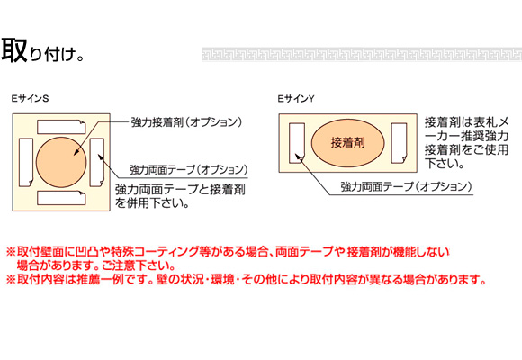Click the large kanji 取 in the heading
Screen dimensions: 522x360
pos(14,50)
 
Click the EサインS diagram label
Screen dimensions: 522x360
pos(30,99)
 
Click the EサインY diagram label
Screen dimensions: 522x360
pos(296,99)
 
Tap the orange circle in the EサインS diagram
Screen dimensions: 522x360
pos(61,162)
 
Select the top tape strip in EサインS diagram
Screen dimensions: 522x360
pos(61,127)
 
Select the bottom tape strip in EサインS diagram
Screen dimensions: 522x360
pos(61,198)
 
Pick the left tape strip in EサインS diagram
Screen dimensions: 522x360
pos(26,163)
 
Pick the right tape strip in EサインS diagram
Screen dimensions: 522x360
pos(97,163)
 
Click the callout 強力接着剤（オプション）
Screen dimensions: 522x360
pos(186,122)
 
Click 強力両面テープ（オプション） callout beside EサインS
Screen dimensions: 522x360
pos(188,170)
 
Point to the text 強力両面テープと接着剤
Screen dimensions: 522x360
pos(180,190)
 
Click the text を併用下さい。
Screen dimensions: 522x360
pos(152,202)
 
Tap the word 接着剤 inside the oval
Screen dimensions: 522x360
pos(347,142)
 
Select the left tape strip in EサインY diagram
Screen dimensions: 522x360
pos(297,143)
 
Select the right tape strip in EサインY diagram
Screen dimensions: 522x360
pos(399,143)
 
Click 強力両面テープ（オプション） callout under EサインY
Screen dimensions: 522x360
pos(406,186)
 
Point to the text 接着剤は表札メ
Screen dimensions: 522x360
pos(467,122)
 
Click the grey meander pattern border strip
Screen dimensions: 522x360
pos(362,54)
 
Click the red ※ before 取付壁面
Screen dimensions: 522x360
pos(11,251)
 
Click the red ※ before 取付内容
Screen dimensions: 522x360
pos(11,279)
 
